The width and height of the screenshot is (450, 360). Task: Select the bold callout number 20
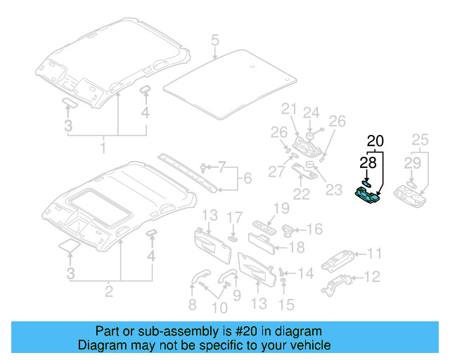tap(375, 141)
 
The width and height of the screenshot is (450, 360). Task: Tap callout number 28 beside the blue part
tap(368, 164)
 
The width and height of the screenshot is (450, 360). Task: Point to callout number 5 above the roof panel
tap(215, 39)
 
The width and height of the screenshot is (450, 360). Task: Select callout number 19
tap(281, 207)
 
